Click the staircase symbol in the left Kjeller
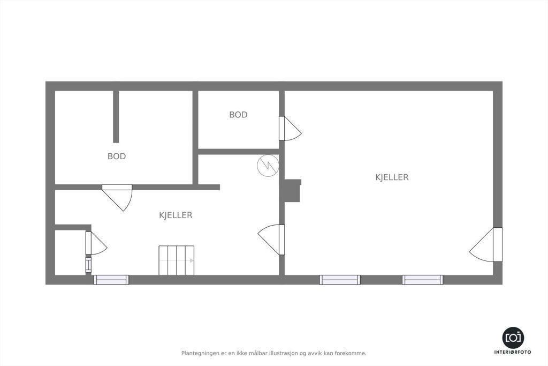tap(177, 260)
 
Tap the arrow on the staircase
tap(177, 260)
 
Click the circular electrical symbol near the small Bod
tap(268, 165)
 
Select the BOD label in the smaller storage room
tap(238, 115)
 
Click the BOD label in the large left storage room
tap(117, 156)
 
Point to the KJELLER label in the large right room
tap(392, 177)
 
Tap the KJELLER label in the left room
tap(176, 215)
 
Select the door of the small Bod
tap(290, 129)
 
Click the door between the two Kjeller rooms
tap(271, 240)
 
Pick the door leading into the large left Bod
tap(117, 197)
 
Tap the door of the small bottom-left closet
tap(96, 243)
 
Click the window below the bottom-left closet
tap(111, 280)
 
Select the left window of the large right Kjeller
tap(340, 280)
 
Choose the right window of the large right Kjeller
tap(423, 280)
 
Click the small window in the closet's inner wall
tap(88, 265)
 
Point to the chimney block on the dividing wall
tap(293, 191)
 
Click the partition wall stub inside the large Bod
tap(116, 116)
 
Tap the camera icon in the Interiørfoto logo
tap(513, 338)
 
